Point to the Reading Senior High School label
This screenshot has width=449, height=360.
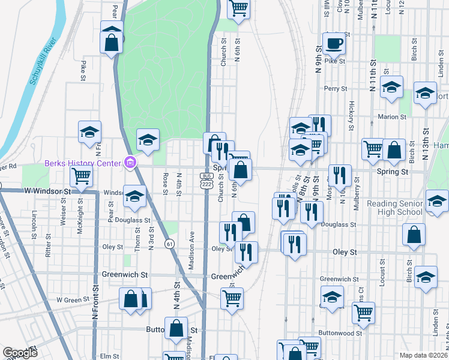(x=395, y=208)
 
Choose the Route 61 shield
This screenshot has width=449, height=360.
(x=170, y=244)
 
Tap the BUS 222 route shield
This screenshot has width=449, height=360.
(x=206, y=179)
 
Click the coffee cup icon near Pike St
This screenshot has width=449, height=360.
(x=333, y=43)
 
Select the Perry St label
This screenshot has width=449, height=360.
(x=336, y=89)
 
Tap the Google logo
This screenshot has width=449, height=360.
(x=20, y=353)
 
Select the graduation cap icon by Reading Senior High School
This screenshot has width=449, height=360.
(x=436, y=202)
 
